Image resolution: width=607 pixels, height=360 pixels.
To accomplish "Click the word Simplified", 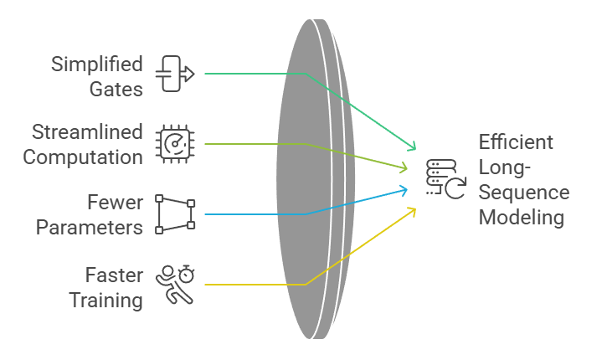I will pyautogui.click(x=97, y=64).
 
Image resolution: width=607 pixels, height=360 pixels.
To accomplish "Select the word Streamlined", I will pyautogui.click(x=87, y=132).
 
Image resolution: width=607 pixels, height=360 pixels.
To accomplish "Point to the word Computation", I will pyautogui.click(x=83, y=156).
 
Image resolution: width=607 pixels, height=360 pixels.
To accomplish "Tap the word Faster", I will pyautogui.click(x=114, y=275).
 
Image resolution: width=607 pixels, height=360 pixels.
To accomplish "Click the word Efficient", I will pyautogui.click(x=516, y=142).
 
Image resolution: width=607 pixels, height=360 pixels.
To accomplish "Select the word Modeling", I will pyautogui.click(x=521, y=218).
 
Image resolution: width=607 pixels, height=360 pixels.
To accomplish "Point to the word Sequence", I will pyautogui.click(x=523, y=193).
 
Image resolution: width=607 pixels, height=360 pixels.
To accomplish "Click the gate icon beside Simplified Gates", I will pyautogui.click(x=175, y=74).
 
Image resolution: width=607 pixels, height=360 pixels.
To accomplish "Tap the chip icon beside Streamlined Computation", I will pyautogui.click(x=175, y=144).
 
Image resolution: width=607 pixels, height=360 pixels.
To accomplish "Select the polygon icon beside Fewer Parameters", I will pyautogui.click(x=176, y=214).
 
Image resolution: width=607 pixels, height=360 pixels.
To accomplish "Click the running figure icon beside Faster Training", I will pyautogui.click(x=175, y=285).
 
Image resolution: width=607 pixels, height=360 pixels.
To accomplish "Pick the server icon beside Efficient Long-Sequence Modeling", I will pyautogui.click(x=445, y=178).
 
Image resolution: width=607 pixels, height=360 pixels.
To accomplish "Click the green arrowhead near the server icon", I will pyautogui.click(x=412, y=147).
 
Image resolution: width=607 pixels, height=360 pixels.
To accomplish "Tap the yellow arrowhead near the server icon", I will pyautogui.click(x=412, y=210).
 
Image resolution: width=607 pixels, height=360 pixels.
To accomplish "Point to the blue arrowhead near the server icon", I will pyautogui.click(x=404, y=190).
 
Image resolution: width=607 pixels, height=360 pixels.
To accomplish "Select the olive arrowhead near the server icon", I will pyautogui.click(x=407, y=168).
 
